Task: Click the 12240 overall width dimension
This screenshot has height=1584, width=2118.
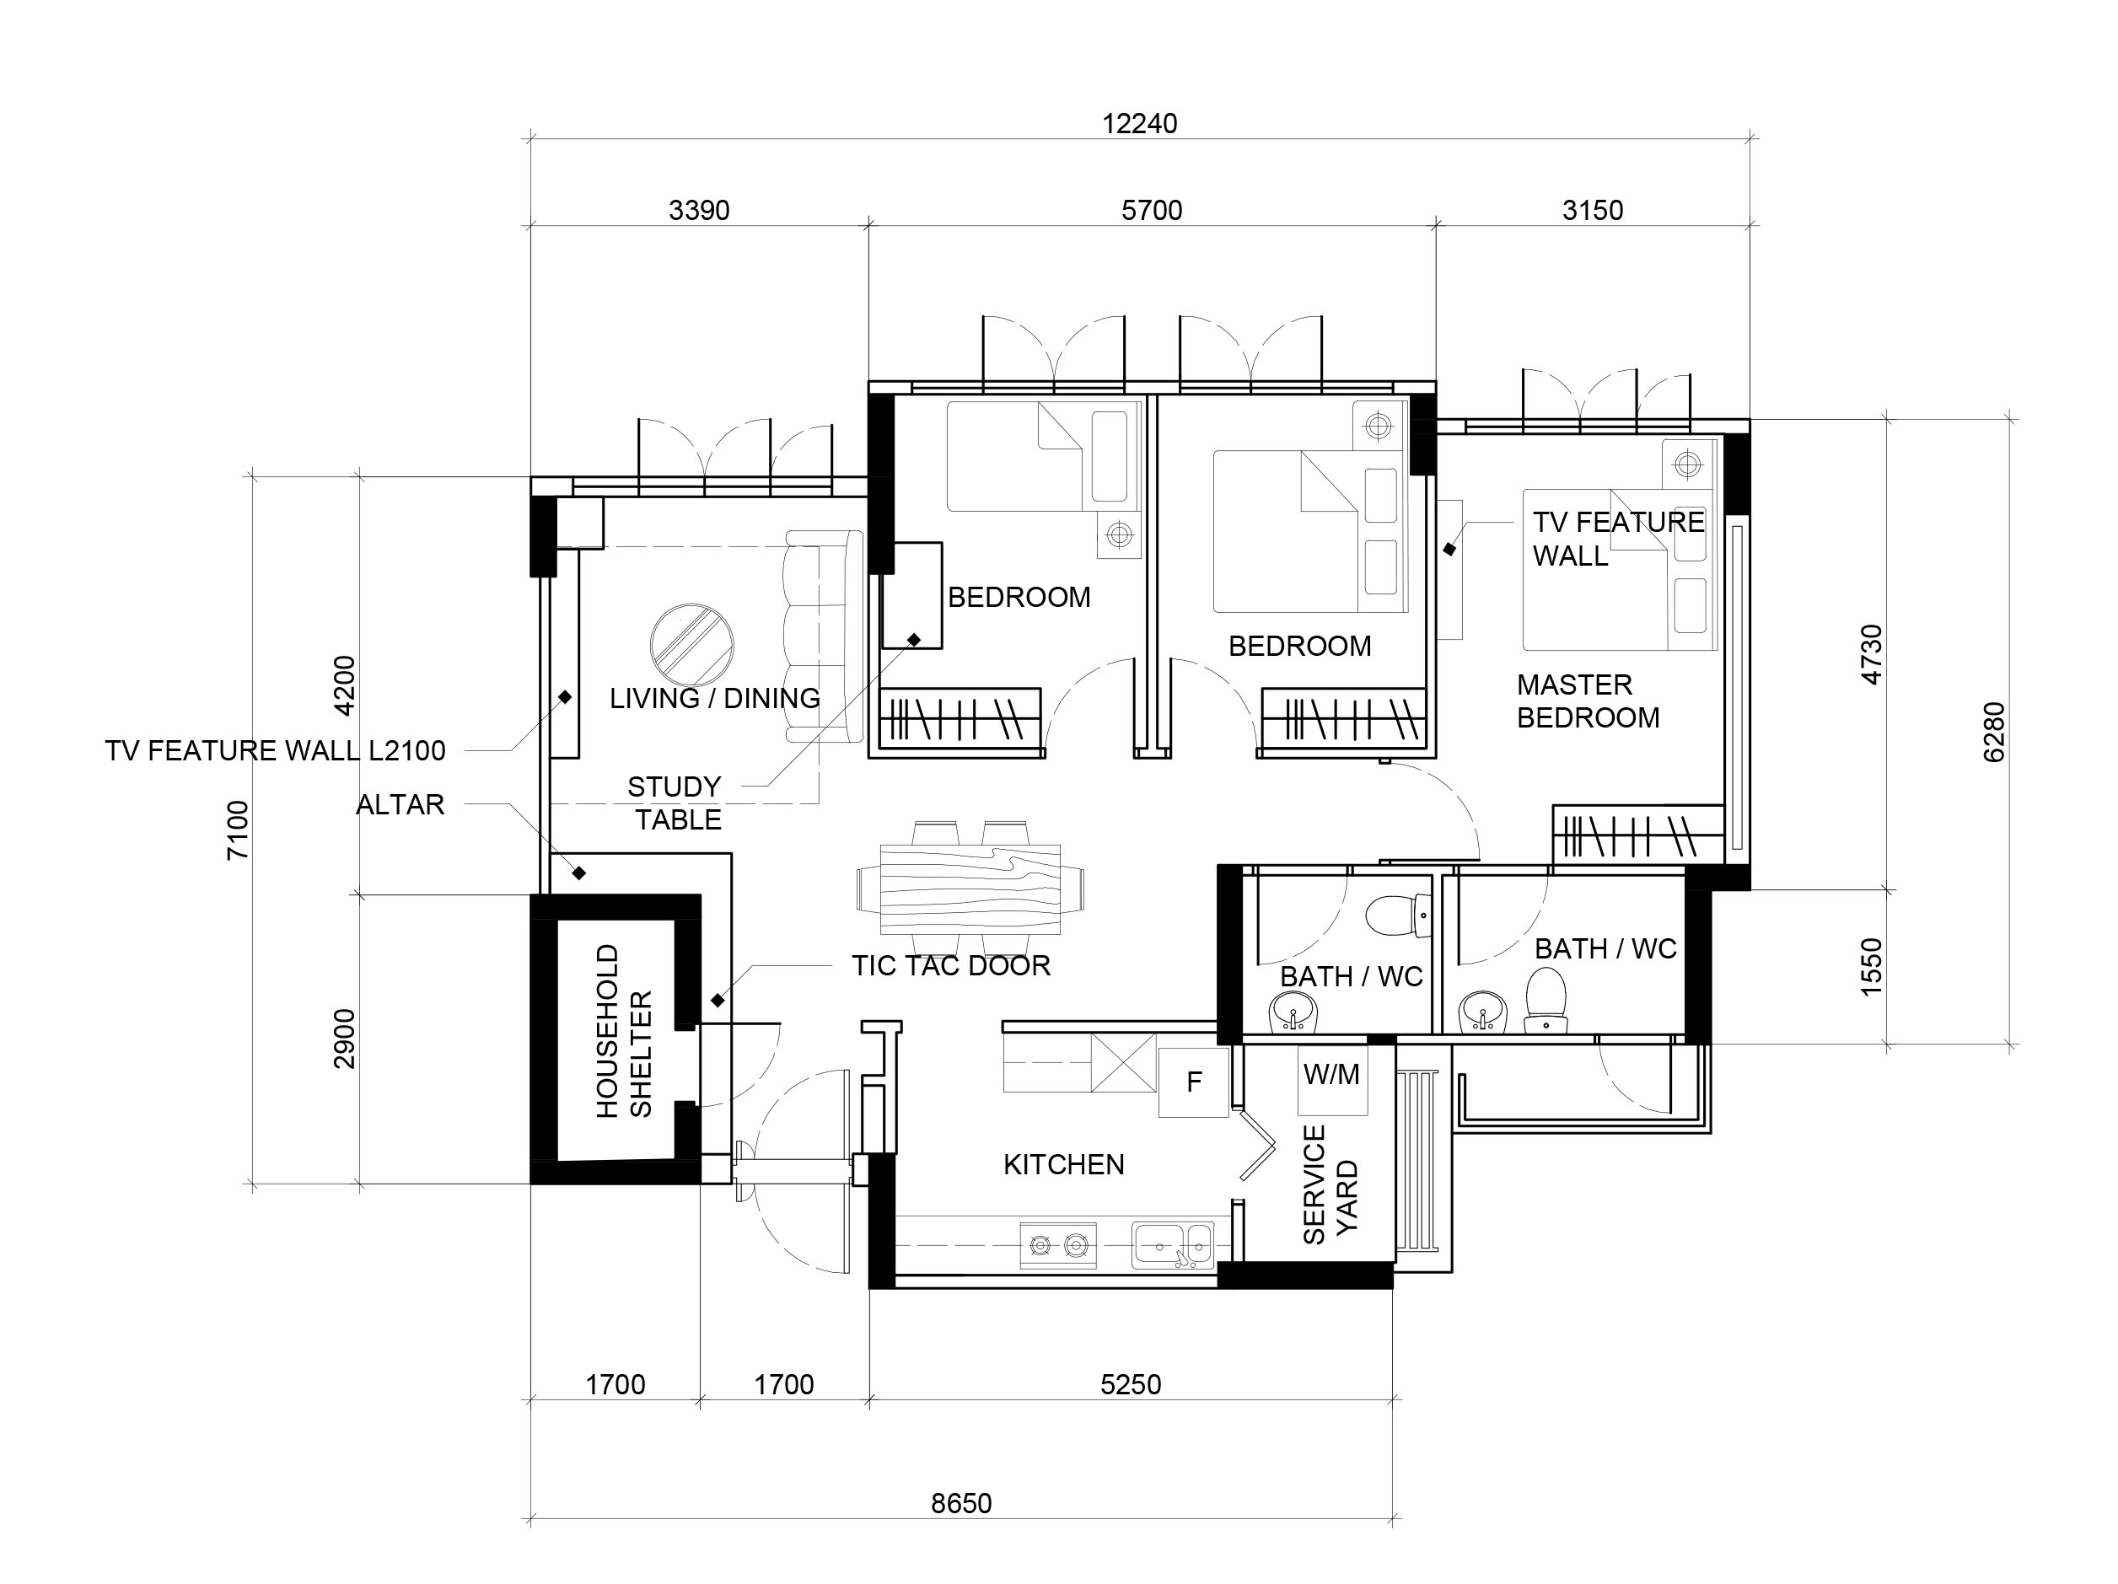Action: (x=1139, y=123)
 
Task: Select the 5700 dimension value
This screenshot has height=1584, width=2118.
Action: (x=1152, y=210)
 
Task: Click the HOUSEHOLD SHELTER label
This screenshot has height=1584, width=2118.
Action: (x=623, y=1031)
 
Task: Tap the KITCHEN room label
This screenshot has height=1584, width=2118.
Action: (x=1064, y=1165)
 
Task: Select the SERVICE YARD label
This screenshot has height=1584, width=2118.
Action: (x=1330, y=1185)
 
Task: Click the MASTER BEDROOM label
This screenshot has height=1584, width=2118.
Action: (x=1588, y=701)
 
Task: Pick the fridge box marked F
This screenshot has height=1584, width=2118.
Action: (x=1193, y=1082)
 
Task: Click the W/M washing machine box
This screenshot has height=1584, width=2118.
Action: (x=1332, y=1080)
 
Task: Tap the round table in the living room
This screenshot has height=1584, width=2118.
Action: (x=691, y=645)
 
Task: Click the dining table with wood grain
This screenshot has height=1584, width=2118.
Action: (x=970, y=889)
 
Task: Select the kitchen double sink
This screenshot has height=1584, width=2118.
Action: (x=1173, y=1245)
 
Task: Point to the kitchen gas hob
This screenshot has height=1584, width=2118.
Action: (x=1058, y=1245)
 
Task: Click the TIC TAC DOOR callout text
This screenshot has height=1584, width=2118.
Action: (x=951, y=966)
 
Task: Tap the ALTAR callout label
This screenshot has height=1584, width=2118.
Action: (x=400, y=805)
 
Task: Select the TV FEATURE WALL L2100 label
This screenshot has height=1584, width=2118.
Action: (x=276, y=751)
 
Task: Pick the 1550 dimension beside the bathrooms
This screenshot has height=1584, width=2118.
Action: (x=1871, y=967)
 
